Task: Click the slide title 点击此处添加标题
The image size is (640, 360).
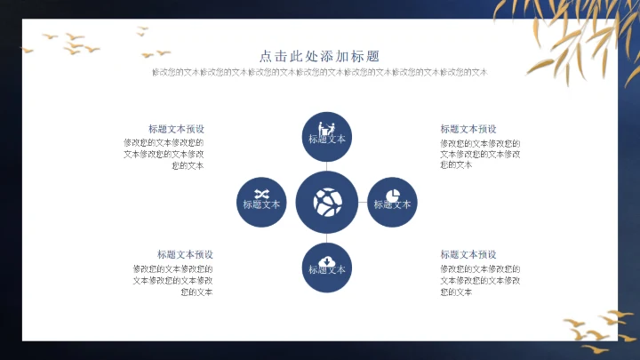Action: (x=319, y=55)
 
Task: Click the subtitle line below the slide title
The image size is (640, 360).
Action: (x=319, y=72)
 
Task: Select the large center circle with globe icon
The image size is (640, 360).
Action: (x=327, y=202)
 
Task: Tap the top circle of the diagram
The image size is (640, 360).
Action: (x=327, y=137)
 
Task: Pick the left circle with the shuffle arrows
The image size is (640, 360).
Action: (x=261, y=202)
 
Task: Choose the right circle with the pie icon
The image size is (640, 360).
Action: (x=392, y=202)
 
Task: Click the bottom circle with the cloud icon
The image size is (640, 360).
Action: (x=327, y=267)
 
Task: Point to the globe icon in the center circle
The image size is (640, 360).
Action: (x=327, y=201)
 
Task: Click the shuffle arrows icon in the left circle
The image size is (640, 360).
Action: (x=261, y=193)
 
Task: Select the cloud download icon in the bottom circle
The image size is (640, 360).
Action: (x=327, y=260)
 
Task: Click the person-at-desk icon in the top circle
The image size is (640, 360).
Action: (x=327, y=125)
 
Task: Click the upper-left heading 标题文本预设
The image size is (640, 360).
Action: (x=176, y=129)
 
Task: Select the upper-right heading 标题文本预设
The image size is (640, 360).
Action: (x=468, y=129)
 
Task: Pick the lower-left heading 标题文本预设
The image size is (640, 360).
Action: (x=185, y=254)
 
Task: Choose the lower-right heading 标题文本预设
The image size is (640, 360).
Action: (x=468, y=254)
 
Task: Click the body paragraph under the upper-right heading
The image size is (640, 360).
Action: (x=480, y=153)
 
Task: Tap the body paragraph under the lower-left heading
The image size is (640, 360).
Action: (x=173, y=280)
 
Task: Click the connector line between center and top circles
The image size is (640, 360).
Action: (x=327, y=166)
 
